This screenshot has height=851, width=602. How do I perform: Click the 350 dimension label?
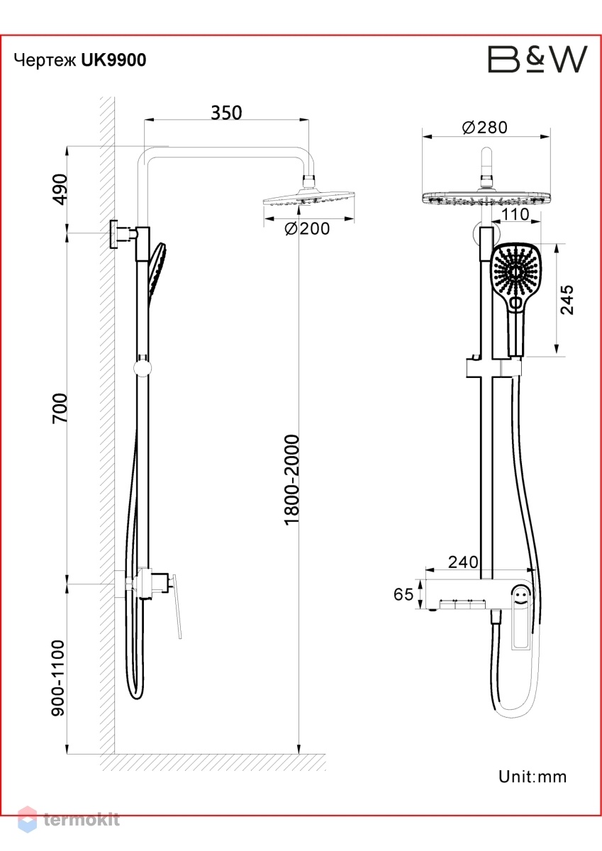[226, 113]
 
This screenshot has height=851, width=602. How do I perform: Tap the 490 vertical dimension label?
[60, 189]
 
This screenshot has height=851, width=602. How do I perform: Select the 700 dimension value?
[60, 408]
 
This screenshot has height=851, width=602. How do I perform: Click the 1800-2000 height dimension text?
[291, 481]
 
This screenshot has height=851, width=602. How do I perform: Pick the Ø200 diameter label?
[307, 228]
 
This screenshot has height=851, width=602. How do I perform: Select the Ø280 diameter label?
[484, 128]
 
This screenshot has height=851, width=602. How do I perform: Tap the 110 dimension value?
[515, 215]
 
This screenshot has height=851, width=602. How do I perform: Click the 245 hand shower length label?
[567, 300]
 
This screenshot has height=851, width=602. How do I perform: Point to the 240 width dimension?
[463, 562]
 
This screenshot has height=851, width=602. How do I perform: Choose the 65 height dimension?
[403, 594]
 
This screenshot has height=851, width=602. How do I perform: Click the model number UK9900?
[114, 60]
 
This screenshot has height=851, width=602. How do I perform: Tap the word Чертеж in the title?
[45, 61]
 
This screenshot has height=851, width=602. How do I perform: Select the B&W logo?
[537, 59]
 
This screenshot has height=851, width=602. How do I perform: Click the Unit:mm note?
[533, 777]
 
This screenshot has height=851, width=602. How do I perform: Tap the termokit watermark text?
[82, 820]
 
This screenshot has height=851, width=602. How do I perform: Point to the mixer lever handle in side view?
[176, 606]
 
